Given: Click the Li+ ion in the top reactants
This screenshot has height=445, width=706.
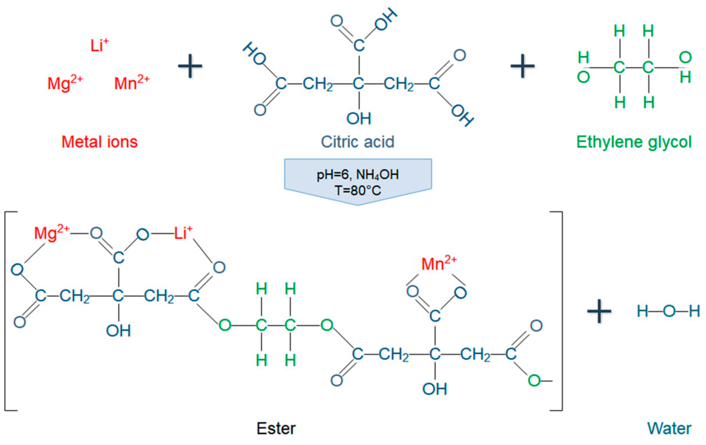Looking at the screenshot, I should tap(99, 45).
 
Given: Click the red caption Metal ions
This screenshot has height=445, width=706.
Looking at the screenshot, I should tap(99, 142).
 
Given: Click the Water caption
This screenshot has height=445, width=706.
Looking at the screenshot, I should tap(669, 429).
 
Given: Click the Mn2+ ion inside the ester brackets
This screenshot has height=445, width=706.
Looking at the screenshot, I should tap(439, 263).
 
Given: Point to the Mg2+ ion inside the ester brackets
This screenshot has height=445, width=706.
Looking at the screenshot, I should tap(52, 234).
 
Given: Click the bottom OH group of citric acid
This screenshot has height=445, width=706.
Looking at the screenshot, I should tap(359, 119).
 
